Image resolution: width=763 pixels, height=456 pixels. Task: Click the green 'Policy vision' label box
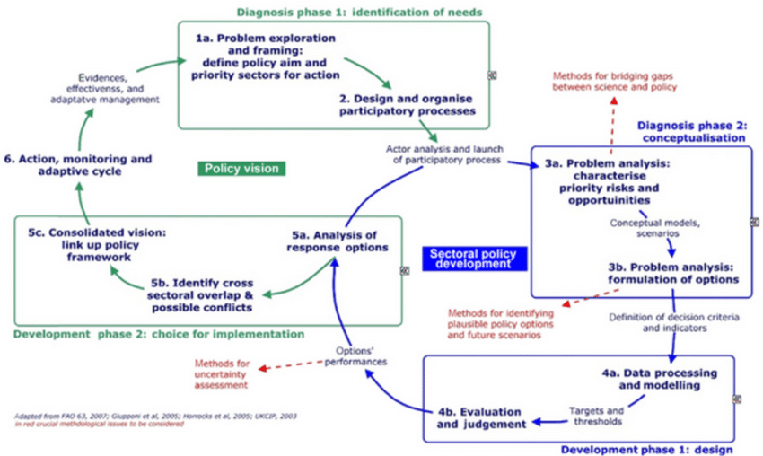(x=241, y=168)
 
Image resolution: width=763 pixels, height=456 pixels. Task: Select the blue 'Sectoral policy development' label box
(x=474, y=259)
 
